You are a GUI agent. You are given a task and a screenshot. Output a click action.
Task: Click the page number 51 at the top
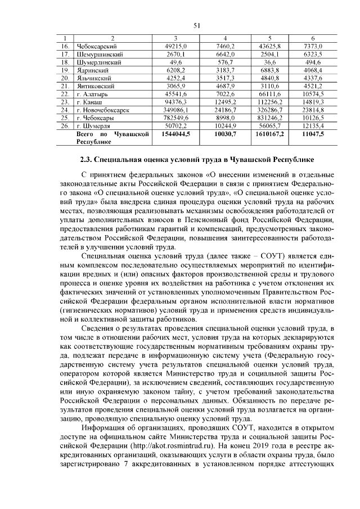click(197, 25)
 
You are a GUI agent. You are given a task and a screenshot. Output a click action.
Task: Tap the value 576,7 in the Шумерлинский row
click(226, 62)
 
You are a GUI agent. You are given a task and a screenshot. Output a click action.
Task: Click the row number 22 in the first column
click(65, 94)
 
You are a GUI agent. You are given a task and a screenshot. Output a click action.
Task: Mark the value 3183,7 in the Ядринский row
click(226, 70)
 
